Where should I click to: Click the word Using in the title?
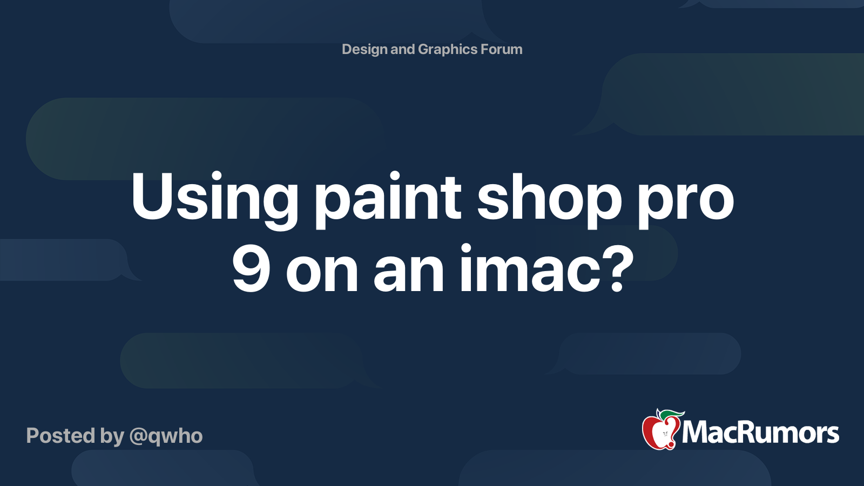[x=214, y=200]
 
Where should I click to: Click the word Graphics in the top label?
[x=448, y=50]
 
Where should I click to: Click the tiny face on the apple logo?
[x=665, y=434]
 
